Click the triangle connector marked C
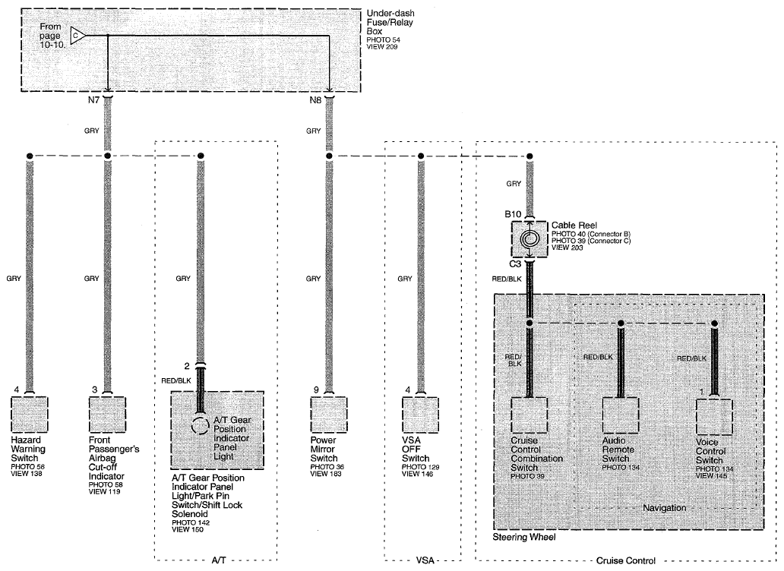coord(77,36)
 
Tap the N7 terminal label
coord(93,100)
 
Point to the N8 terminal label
coord(315,100)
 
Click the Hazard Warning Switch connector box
coord(30,414)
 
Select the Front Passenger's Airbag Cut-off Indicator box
coord(107,414)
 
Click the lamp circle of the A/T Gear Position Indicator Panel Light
coord(200,426)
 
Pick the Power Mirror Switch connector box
coord(328,414)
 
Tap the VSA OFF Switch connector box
coord(421,414)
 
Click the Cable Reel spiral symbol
coord(530,238)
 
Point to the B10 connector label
coord(513,214)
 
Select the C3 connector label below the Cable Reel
coord(515,263)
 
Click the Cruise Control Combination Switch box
coord(529,415)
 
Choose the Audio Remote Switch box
coord(621,415)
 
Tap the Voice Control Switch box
coord(715,417)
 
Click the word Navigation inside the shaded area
coord(665,507)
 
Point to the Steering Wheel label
coord(524,537)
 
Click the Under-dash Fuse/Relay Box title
coord(390,23)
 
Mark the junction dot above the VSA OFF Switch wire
coord(421,156)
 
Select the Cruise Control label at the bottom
coord(626,561)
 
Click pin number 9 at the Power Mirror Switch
coord(316,390)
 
